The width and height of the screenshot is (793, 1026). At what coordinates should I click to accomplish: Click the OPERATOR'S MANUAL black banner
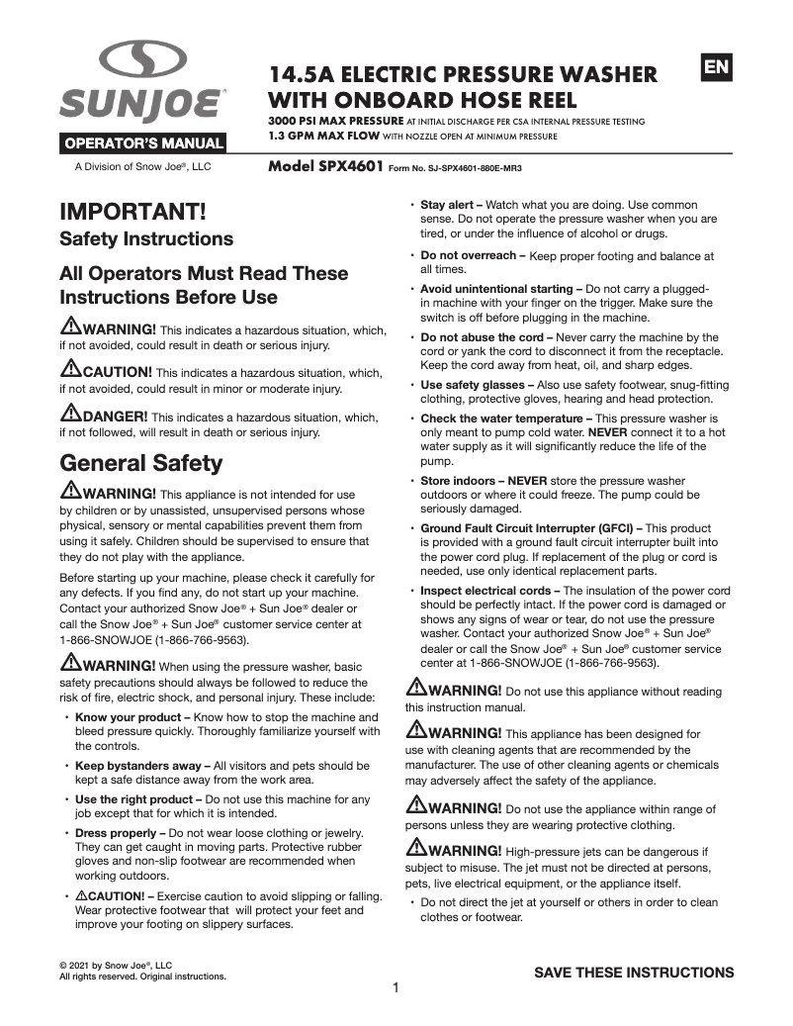click(144, 144)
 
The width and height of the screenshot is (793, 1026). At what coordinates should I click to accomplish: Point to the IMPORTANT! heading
click(132, 212)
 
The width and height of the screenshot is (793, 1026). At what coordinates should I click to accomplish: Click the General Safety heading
click(141, 462)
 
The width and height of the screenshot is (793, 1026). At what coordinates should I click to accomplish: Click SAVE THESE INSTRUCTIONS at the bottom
click(634, 973)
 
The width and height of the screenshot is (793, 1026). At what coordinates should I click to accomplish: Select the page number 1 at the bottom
click(396, 987)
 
